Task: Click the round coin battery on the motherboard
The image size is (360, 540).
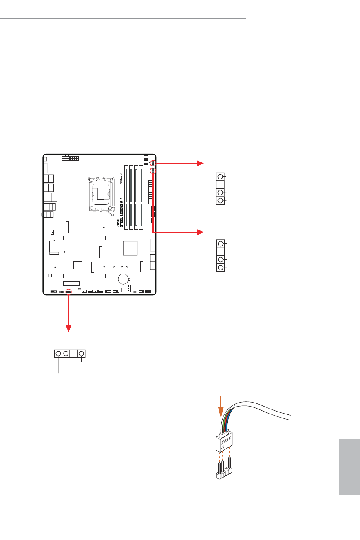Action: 124,279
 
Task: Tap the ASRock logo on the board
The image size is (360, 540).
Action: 121,179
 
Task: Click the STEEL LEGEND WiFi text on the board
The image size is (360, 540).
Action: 121,212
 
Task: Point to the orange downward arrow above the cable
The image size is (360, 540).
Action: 221,407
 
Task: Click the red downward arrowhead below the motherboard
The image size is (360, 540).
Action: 68,328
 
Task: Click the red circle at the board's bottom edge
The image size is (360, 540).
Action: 68,292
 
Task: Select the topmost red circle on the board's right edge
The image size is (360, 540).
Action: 153,163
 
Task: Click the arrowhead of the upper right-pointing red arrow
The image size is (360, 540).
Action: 201,163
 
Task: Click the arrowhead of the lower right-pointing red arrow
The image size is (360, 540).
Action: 201,232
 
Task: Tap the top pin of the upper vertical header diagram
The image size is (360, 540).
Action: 220,177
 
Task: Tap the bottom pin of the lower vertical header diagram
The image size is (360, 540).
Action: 221,268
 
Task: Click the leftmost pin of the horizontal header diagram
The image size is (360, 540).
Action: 58,354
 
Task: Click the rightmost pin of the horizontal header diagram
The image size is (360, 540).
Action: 82,354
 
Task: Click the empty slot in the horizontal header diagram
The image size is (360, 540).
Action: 73,354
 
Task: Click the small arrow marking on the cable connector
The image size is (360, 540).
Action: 223,447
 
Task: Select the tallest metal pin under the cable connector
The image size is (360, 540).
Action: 230,463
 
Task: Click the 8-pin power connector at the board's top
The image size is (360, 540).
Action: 71,158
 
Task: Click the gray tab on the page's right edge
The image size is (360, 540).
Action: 349,467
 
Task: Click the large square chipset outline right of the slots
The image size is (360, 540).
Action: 130,248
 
